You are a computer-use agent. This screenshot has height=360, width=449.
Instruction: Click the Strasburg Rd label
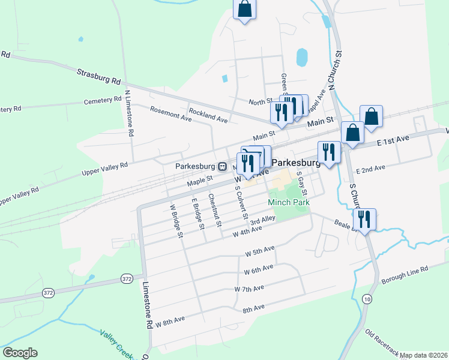99,76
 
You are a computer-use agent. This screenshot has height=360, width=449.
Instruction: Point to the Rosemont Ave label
171,114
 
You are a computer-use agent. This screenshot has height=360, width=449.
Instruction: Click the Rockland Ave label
208,116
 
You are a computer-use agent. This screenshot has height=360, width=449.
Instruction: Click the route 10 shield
367,298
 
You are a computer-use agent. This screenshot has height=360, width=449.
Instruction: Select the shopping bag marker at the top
244,10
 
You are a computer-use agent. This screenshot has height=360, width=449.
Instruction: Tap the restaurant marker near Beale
364,218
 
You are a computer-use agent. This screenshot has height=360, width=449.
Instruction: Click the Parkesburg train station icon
221,167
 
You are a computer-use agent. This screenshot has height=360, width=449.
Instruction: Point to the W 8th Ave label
170,321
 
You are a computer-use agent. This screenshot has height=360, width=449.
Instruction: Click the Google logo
20,353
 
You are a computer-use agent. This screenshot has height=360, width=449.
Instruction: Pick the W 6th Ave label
259,269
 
